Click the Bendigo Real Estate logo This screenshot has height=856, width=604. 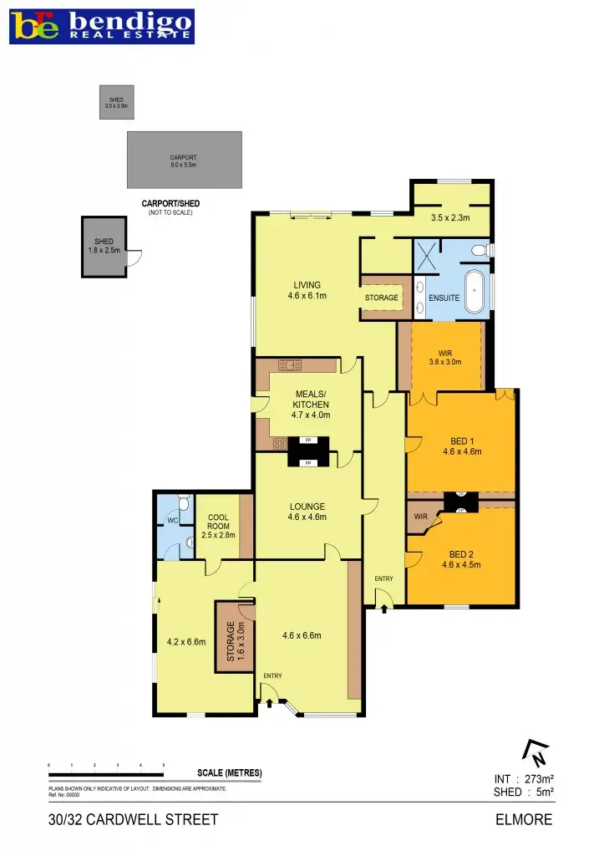tap(102, 27)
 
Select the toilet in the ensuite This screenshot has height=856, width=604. tap(479, 250)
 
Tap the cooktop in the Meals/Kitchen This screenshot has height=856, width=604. tap(279, 444)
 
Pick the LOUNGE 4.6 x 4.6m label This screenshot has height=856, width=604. tap(307, 512)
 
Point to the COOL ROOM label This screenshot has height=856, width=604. tap(218, 523)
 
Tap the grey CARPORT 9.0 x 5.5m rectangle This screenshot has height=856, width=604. tap(184, 160)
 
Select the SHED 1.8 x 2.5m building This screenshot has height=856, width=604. tap(104, 247)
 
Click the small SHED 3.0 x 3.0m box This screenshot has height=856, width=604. tap(115, 103)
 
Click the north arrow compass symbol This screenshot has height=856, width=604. tap(535, 754)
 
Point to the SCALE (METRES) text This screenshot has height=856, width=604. tap(229, 772)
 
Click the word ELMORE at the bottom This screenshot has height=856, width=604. tap(524, 819)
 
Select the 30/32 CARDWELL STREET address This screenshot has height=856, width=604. tap(134, 819)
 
